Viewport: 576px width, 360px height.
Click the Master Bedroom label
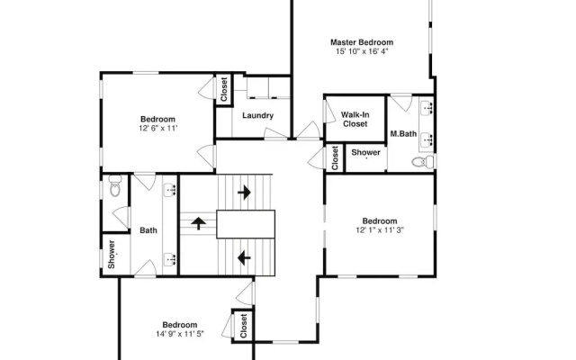[362, 42]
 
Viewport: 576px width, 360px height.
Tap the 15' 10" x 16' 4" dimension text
[362, 51]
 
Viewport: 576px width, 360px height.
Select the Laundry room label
[258, 116]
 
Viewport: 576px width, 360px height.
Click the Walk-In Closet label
[355, 120]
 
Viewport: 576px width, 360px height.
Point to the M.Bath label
[403, 134]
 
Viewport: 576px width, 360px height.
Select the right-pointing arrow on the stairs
[244, 192]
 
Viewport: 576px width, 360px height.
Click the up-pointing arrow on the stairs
[198, 223]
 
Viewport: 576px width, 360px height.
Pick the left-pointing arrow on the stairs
[244, 258]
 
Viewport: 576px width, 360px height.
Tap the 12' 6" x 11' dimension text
[158, 128]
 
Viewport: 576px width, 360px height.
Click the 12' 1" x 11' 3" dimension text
[380, 230]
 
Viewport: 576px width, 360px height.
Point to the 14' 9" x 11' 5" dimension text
[180, 334]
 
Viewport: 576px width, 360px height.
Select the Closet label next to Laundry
[224, 90]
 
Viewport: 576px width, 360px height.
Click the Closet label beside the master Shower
[335, 158]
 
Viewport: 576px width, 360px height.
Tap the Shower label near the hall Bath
[112, 254]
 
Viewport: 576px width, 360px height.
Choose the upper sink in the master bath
[427, 107]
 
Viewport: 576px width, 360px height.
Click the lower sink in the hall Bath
[170, 259]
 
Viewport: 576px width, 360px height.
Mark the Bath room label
[148, 230]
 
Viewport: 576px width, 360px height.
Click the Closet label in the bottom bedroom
[243, 326]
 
